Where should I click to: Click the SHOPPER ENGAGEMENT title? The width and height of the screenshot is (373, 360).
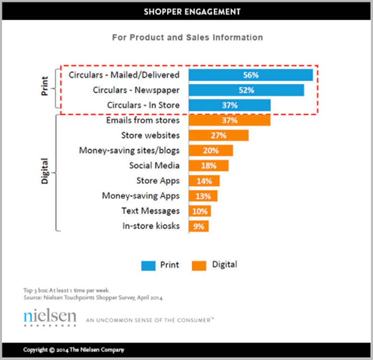pos(192,11)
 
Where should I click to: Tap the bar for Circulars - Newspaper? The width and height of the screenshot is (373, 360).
pos(246,90)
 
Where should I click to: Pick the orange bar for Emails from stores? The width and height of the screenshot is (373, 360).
pos(229,120)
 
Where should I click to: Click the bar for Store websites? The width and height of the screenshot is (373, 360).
pos(218,135)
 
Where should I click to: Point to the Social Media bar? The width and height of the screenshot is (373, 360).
pos(208,165)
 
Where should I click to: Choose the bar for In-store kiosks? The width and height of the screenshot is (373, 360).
pos(198,226)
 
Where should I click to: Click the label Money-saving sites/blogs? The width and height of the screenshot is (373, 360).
pos(129,150)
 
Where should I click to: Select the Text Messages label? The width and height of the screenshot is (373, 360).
pos(151,211)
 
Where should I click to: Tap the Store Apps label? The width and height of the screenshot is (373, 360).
pos(158,181)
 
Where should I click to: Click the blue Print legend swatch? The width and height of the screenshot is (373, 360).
pos(148,265)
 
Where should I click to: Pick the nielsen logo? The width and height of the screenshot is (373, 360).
pos(50,318)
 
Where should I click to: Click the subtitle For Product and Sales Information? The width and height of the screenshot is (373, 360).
pos(187,37)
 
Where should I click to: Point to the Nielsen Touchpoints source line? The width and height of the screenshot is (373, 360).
pos(93,298)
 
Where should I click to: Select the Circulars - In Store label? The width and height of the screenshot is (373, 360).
pos(143,105)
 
